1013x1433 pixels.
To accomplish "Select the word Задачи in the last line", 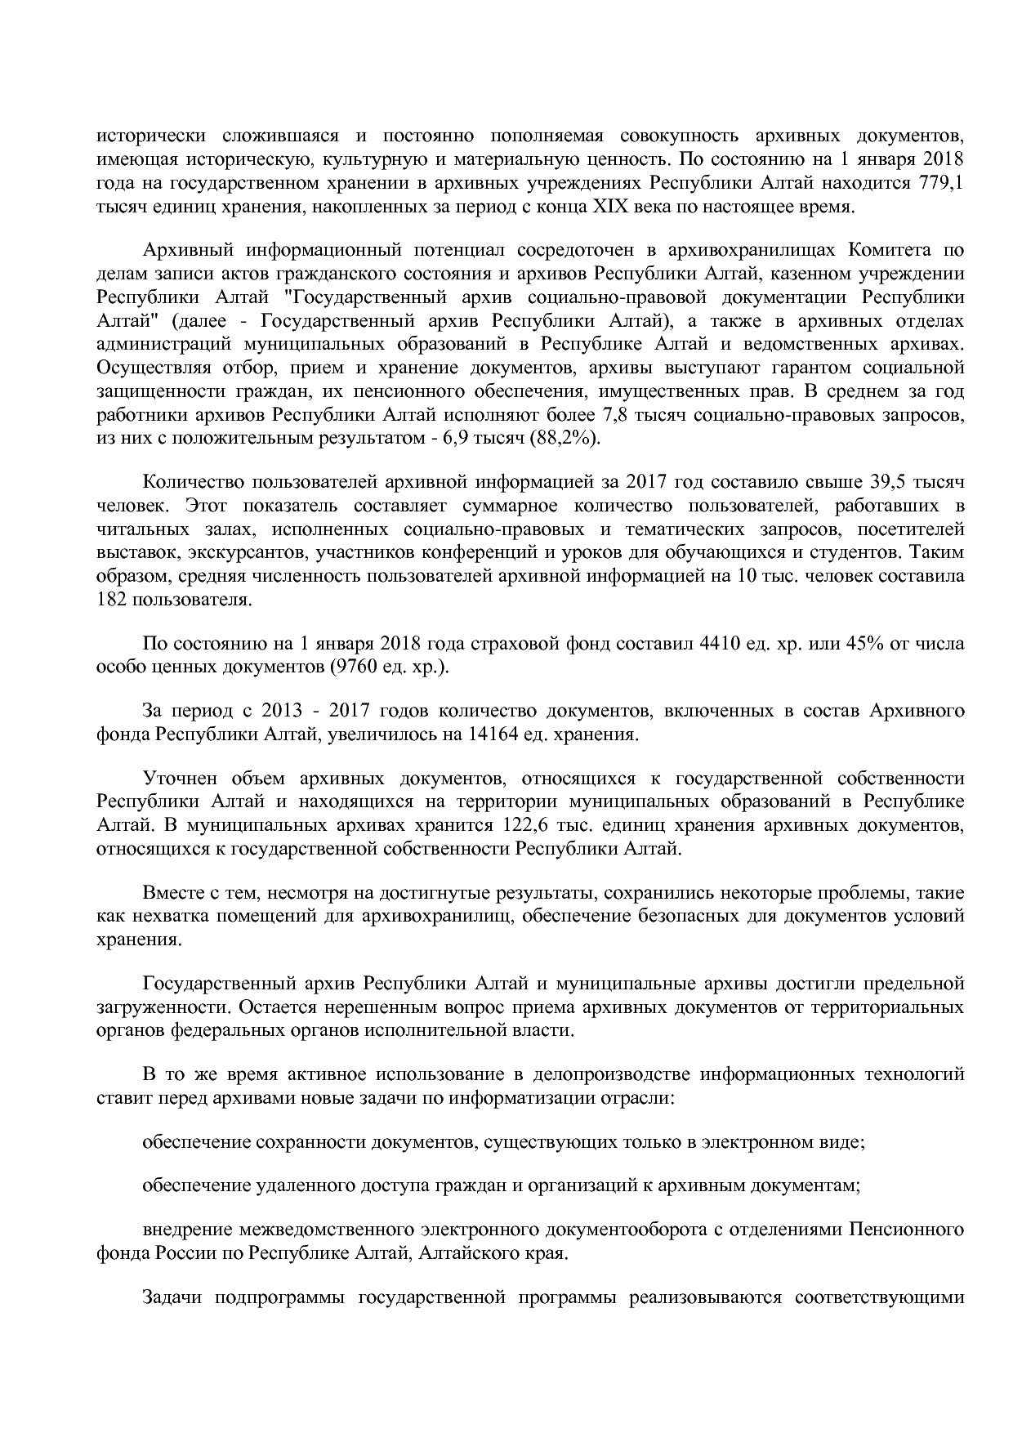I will (x=170, y=1297).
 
